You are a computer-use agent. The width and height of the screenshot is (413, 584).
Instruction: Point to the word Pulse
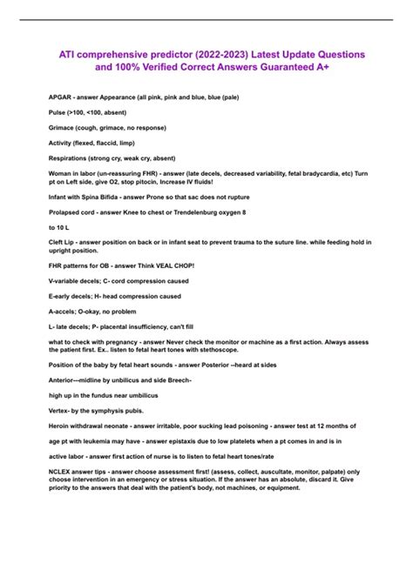tap(58, 114)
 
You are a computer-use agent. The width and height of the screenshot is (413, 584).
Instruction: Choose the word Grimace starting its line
tap(63, 128)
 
